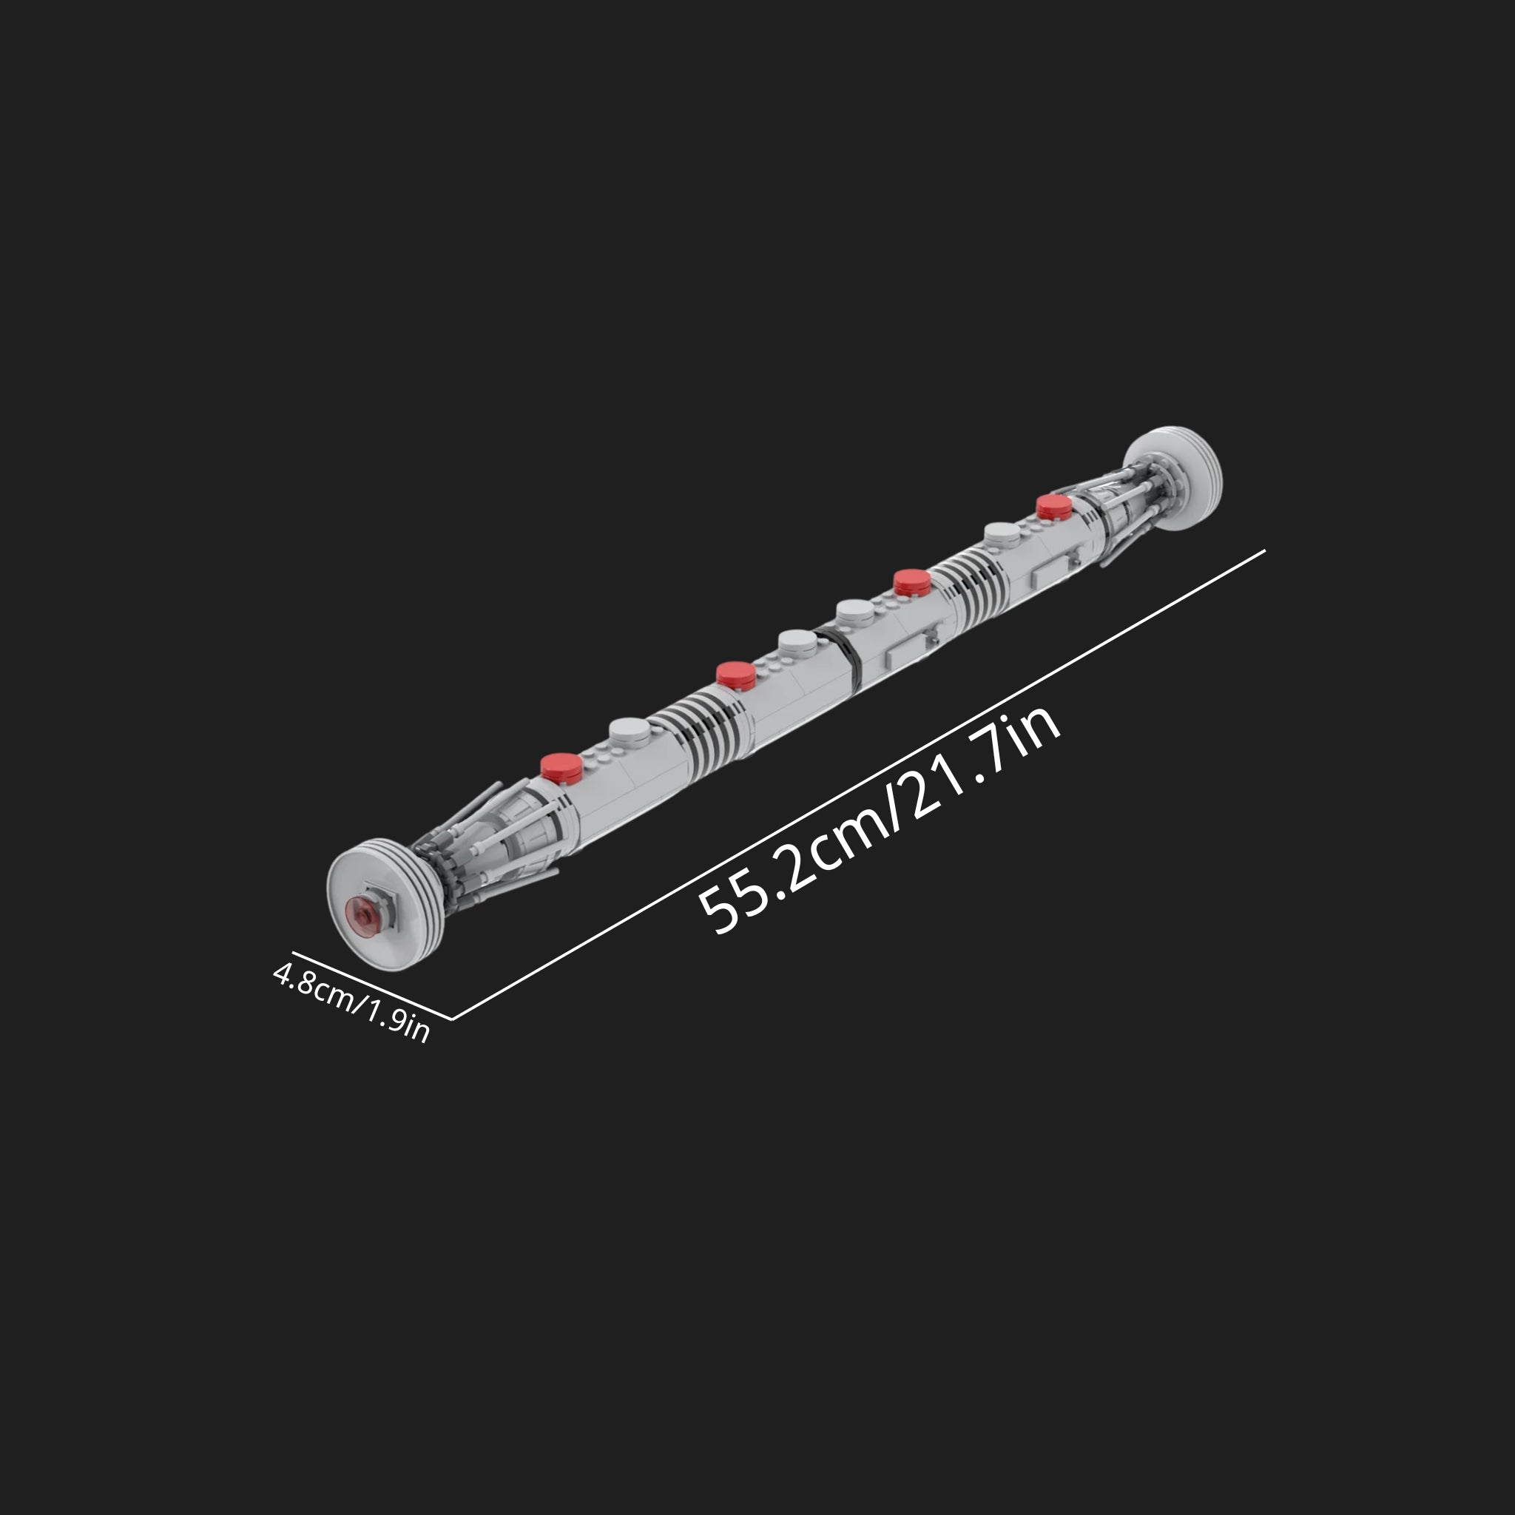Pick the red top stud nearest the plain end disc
pyautogui.click(x=1053, y=507)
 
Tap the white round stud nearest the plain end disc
pyautogui.click(x=1002, y=535)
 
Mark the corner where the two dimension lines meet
pyautogui.click(x=453, y=1019)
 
